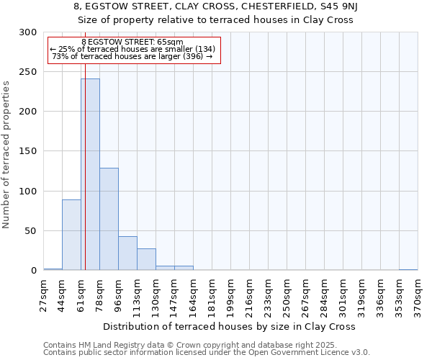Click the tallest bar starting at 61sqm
point(90,174)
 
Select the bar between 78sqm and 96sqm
point(109,219)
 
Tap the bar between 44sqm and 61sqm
point(71,235)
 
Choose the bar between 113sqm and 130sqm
point(146,259)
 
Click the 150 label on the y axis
point(28,151)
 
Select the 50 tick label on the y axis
point(31,231)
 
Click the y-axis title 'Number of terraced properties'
point(6,154)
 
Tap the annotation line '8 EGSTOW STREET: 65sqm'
point(132,42)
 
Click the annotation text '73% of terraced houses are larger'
point(132,56)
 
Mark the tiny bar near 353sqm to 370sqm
point(408,269)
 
